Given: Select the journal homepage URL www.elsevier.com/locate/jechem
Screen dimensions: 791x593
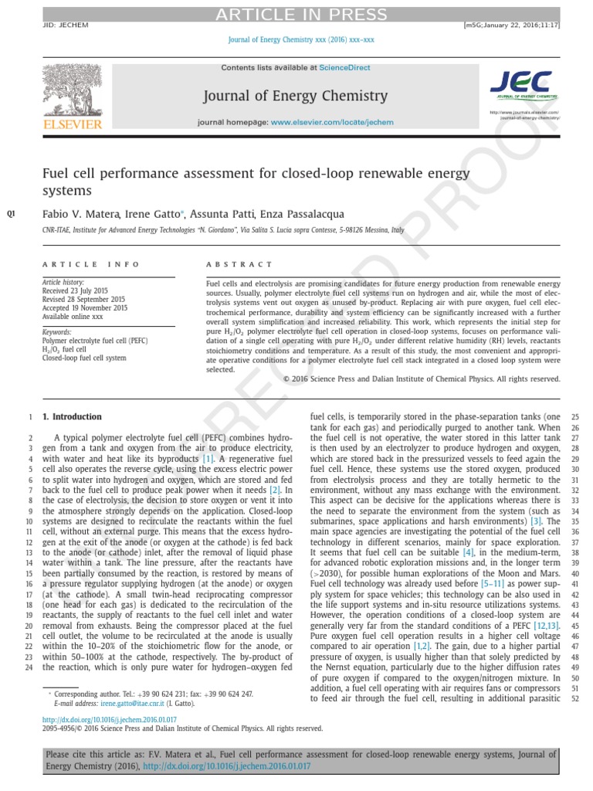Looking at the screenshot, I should [332, 122].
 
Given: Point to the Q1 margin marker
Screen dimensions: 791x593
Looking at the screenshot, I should [11, 214].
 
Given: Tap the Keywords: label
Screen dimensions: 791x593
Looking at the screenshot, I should [58, 331].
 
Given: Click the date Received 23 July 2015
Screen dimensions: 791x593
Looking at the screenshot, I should [75, 290].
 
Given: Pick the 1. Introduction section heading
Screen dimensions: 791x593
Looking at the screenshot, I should [72, 416].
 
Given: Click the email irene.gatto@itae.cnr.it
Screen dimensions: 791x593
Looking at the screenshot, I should [106, 704].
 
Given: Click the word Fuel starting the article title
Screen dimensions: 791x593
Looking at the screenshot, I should [57, 174].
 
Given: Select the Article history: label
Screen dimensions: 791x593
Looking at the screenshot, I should [63, 282].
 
